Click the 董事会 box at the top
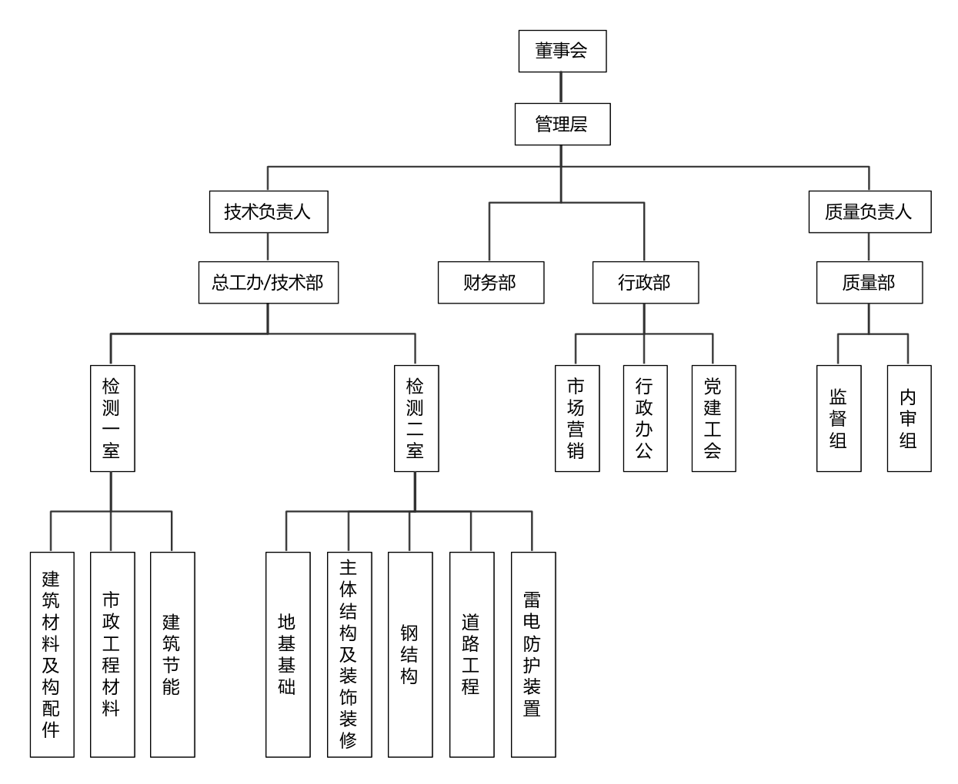tap(562, 51)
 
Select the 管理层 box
tap(562, 124)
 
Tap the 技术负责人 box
tap(268, 211)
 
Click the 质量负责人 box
tap(869, 211)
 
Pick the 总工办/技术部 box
tap(268, 282)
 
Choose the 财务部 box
tap(490, 282)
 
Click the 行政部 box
tap(645, 282)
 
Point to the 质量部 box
tap(869, 282)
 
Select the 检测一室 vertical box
tap(112, 418)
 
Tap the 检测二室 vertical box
tap(416, 418)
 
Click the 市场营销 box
tap(576, 418)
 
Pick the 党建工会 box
tap(713, 418)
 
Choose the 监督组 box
tap(838, 418)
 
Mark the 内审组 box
tap(909, 418)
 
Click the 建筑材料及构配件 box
tap(52, 654)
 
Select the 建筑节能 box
tap(172, 654)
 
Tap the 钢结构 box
tap(409, 654)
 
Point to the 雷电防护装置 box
tap(532, 654)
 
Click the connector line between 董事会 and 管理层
tap(561, 88)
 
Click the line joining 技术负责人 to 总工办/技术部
tap(268, 247)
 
